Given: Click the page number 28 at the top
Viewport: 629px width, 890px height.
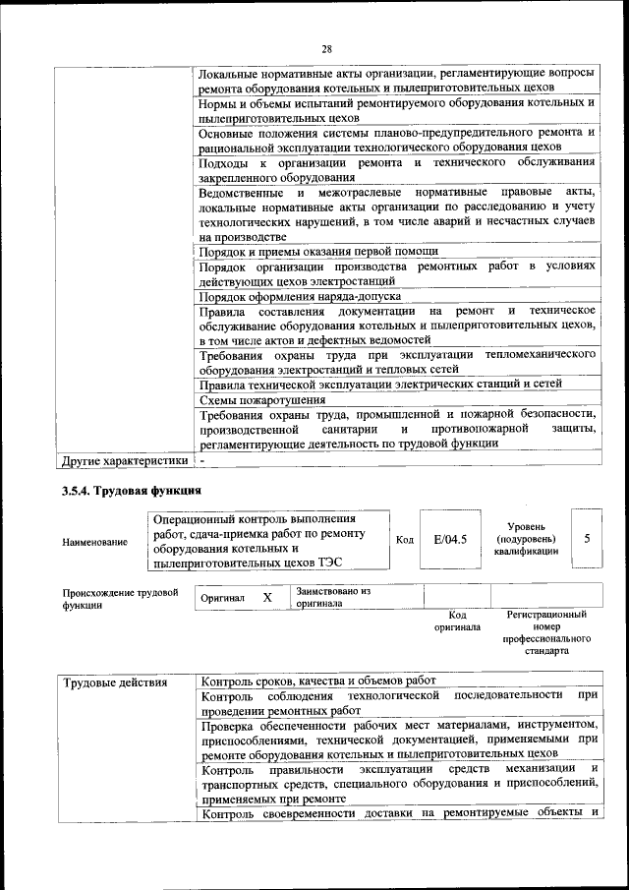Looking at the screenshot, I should click(x=326, y=49).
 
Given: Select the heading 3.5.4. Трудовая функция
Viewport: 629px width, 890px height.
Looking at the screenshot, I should click(x=132, y=491).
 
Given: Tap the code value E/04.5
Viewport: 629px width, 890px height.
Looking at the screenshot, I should click(x=449, y=540).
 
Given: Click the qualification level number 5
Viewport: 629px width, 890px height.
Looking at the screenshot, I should click(x=587, y=539).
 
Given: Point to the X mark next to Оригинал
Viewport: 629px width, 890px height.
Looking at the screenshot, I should click(x=266, y=597).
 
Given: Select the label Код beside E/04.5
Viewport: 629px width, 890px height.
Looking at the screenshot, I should click(x=405, y=540).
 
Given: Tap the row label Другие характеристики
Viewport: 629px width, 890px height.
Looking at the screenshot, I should click(x=124, y=460).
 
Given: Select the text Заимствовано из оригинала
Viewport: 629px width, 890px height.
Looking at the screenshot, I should click(x=332, y=597).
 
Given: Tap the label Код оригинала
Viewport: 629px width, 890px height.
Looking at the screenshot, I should click(x=457, y=620).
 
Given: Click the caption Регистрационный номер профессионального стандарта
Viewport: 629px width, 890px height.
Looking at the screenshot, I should click(x=545, y=632).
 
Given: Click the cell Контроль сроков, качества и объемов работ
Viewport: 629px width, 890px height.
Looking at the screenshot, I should click(x=317, y=681).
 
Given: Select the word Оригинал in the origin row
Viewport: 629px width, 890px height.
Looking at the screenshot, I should click(x=222, y=598).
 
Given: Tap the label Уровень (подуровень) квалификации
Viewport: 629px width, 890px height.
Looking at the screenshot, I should click(x=526, y=539).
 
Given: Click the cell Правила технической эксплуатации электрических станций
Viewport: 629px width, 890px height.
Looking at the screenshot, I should click(x=380, y=385).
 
